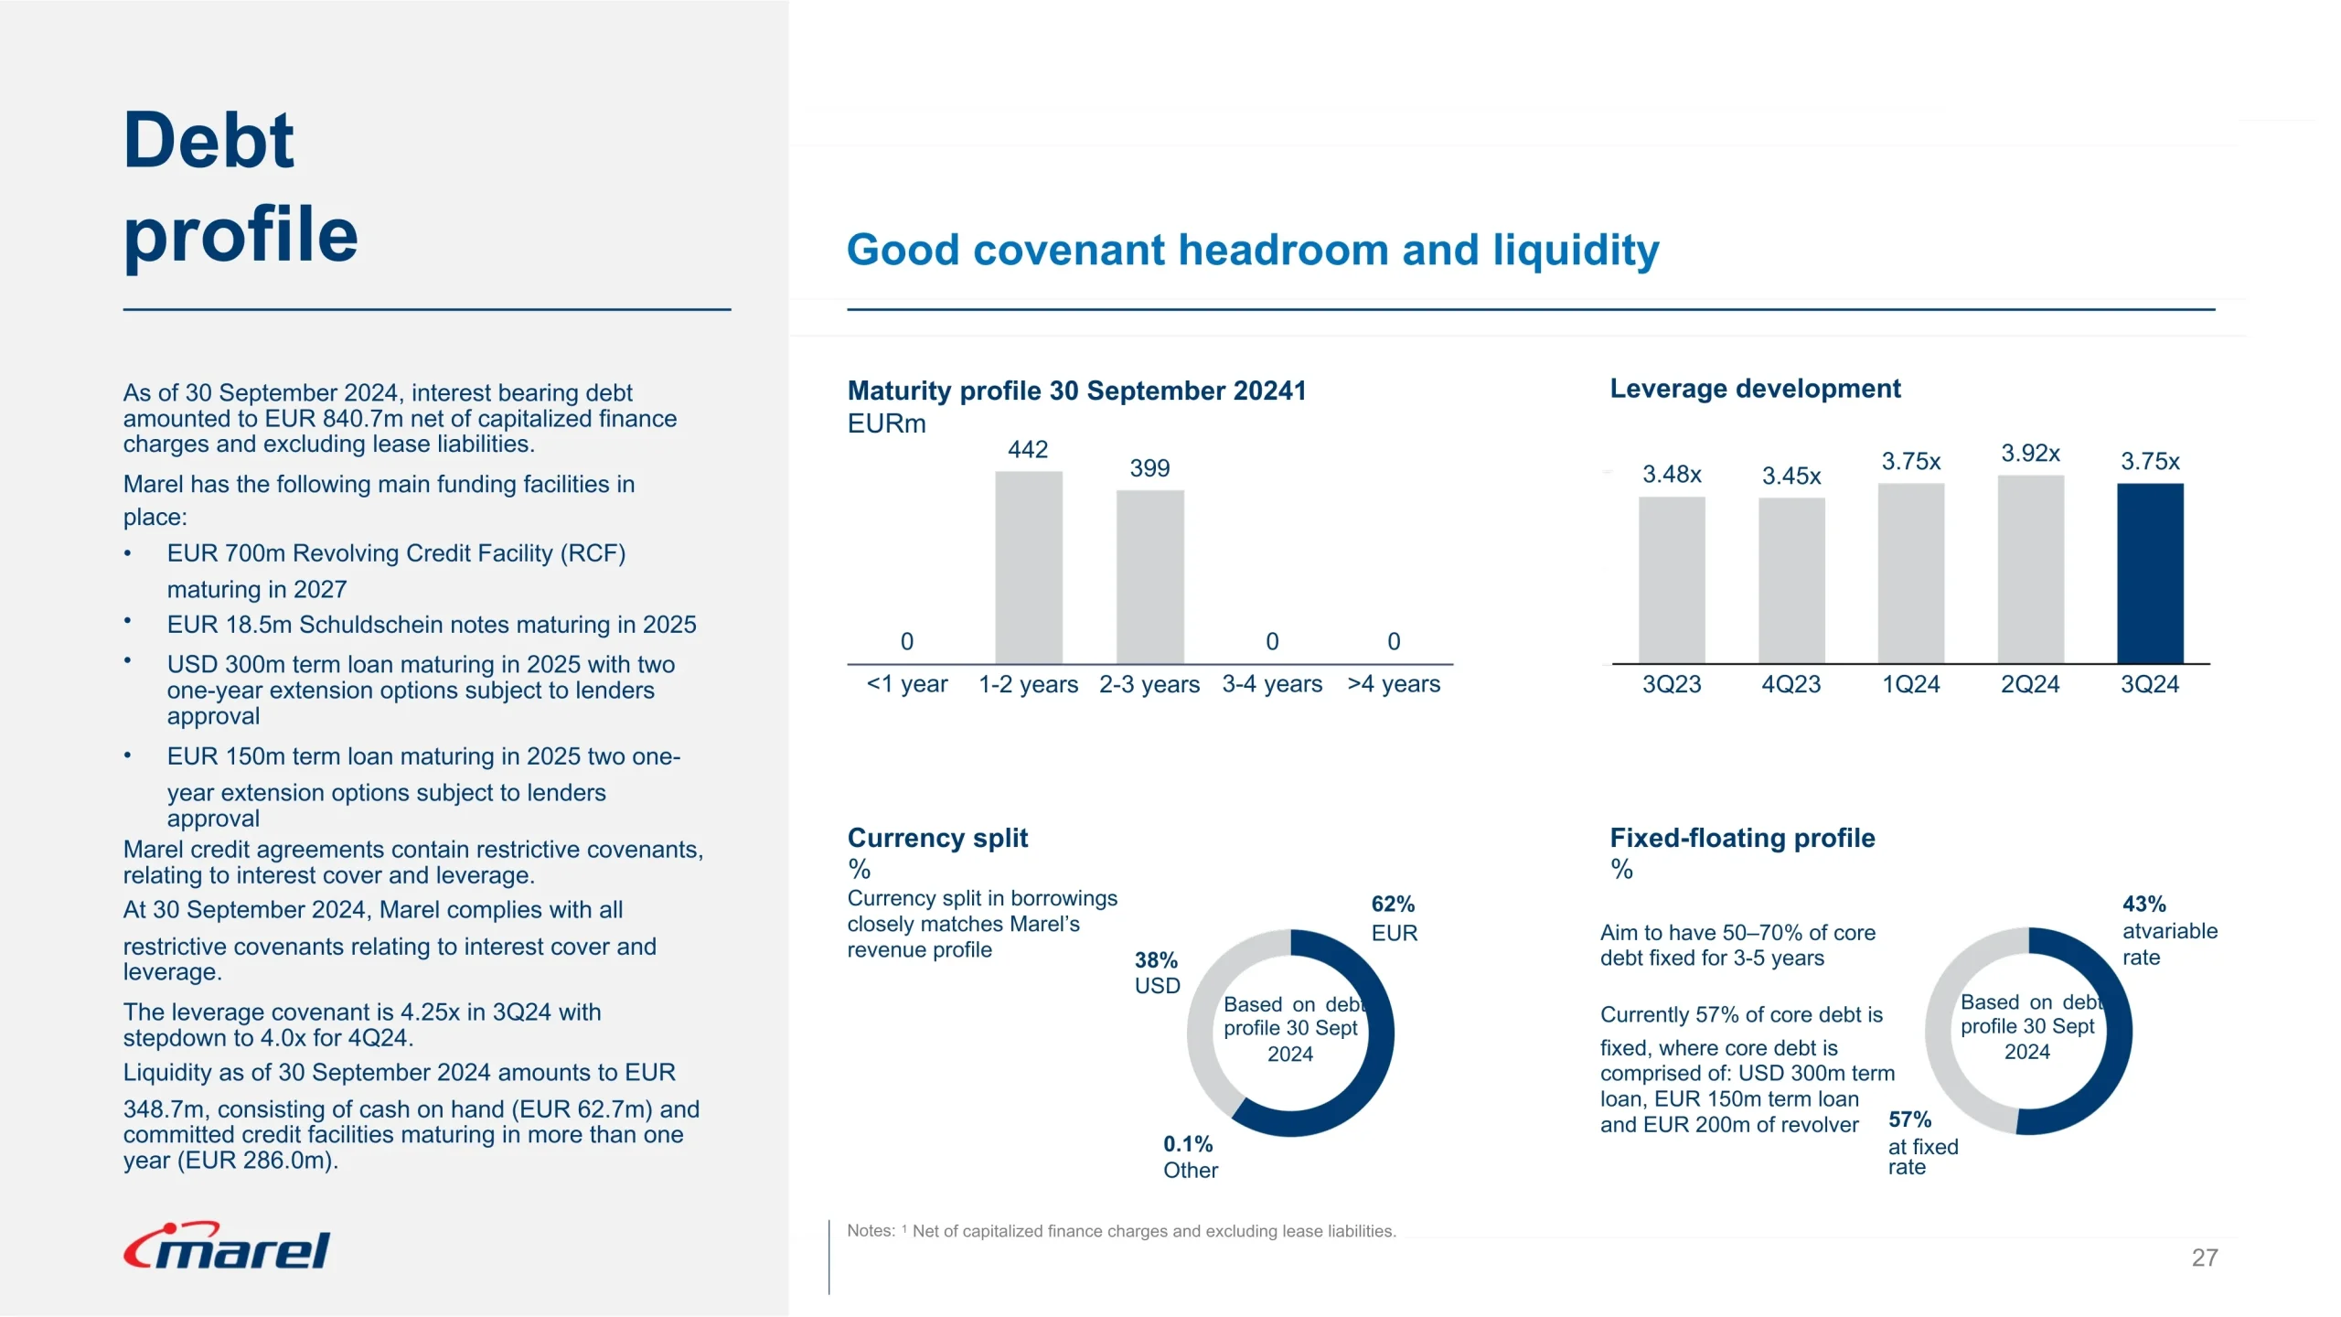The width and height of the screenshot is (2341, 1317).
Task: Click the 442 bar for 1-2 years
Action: pyautogui.click(x=1028, y=567)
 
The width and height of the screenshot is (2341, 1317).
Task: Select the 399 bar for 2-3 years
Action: pyautogui.click(x=1149, y=576)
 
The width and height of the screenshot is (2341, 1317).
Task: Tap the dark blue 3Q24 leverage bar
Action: pyautogui.click(x=2150, y=573)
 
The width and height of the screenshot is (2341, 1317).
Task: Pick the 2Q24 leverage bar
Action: pyautogui.click(x=2030, y=569)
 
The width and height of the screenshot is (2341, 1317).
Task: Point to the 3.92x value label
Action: pyautogui.click(x=2030, y=454)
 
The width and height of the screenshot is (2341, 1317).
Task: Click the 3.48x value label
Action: pyautogui.click(x=1672, y=475)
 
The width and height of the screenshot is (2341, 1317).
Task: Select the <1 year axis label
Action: pyautogui.click(x=906, y=684)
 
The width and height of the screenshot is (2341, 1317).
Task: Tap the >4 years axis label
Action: pyautogui.click(x=1394, y=684)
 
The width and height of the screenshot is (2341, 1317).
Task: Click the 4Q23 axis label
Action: pyautogui.click(x=1791, y=684)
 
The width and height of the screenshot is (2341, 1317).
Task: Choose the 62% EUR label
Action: pyautogui.click(x=1394, y=918)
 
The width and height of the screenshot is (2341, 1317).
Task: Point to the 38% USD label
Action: pyautogui.click(x=1157, y=973)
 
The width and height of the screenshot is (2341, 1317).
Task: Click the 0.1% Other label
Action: pyautogui.click(x=1190, y=1157)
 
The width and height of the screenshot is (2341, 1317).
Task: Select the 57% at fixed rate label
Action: pyautogui.click(x=1922, y=1142)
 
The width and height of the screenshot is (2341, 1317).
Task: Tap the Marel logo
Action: pyautogui.click(x=227, y=1247)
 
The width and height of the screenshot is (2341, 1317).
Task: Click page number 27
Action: pyautogui.click(x=2204, y=1258)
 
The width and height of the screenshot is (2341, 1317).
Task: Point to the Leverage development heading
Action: pyautogui.click(x=1755, y=389)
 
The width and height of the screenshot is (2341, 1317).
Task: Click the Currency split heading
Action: pyautogui.click(x=937, y=838)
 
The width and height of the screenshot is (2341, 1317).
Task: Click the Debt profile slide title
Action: pyautogui.click(x=240, y=187)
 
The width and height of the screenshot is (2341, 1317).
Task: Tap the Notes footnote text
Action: pyautogui.click(x=1121, y=1231)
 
